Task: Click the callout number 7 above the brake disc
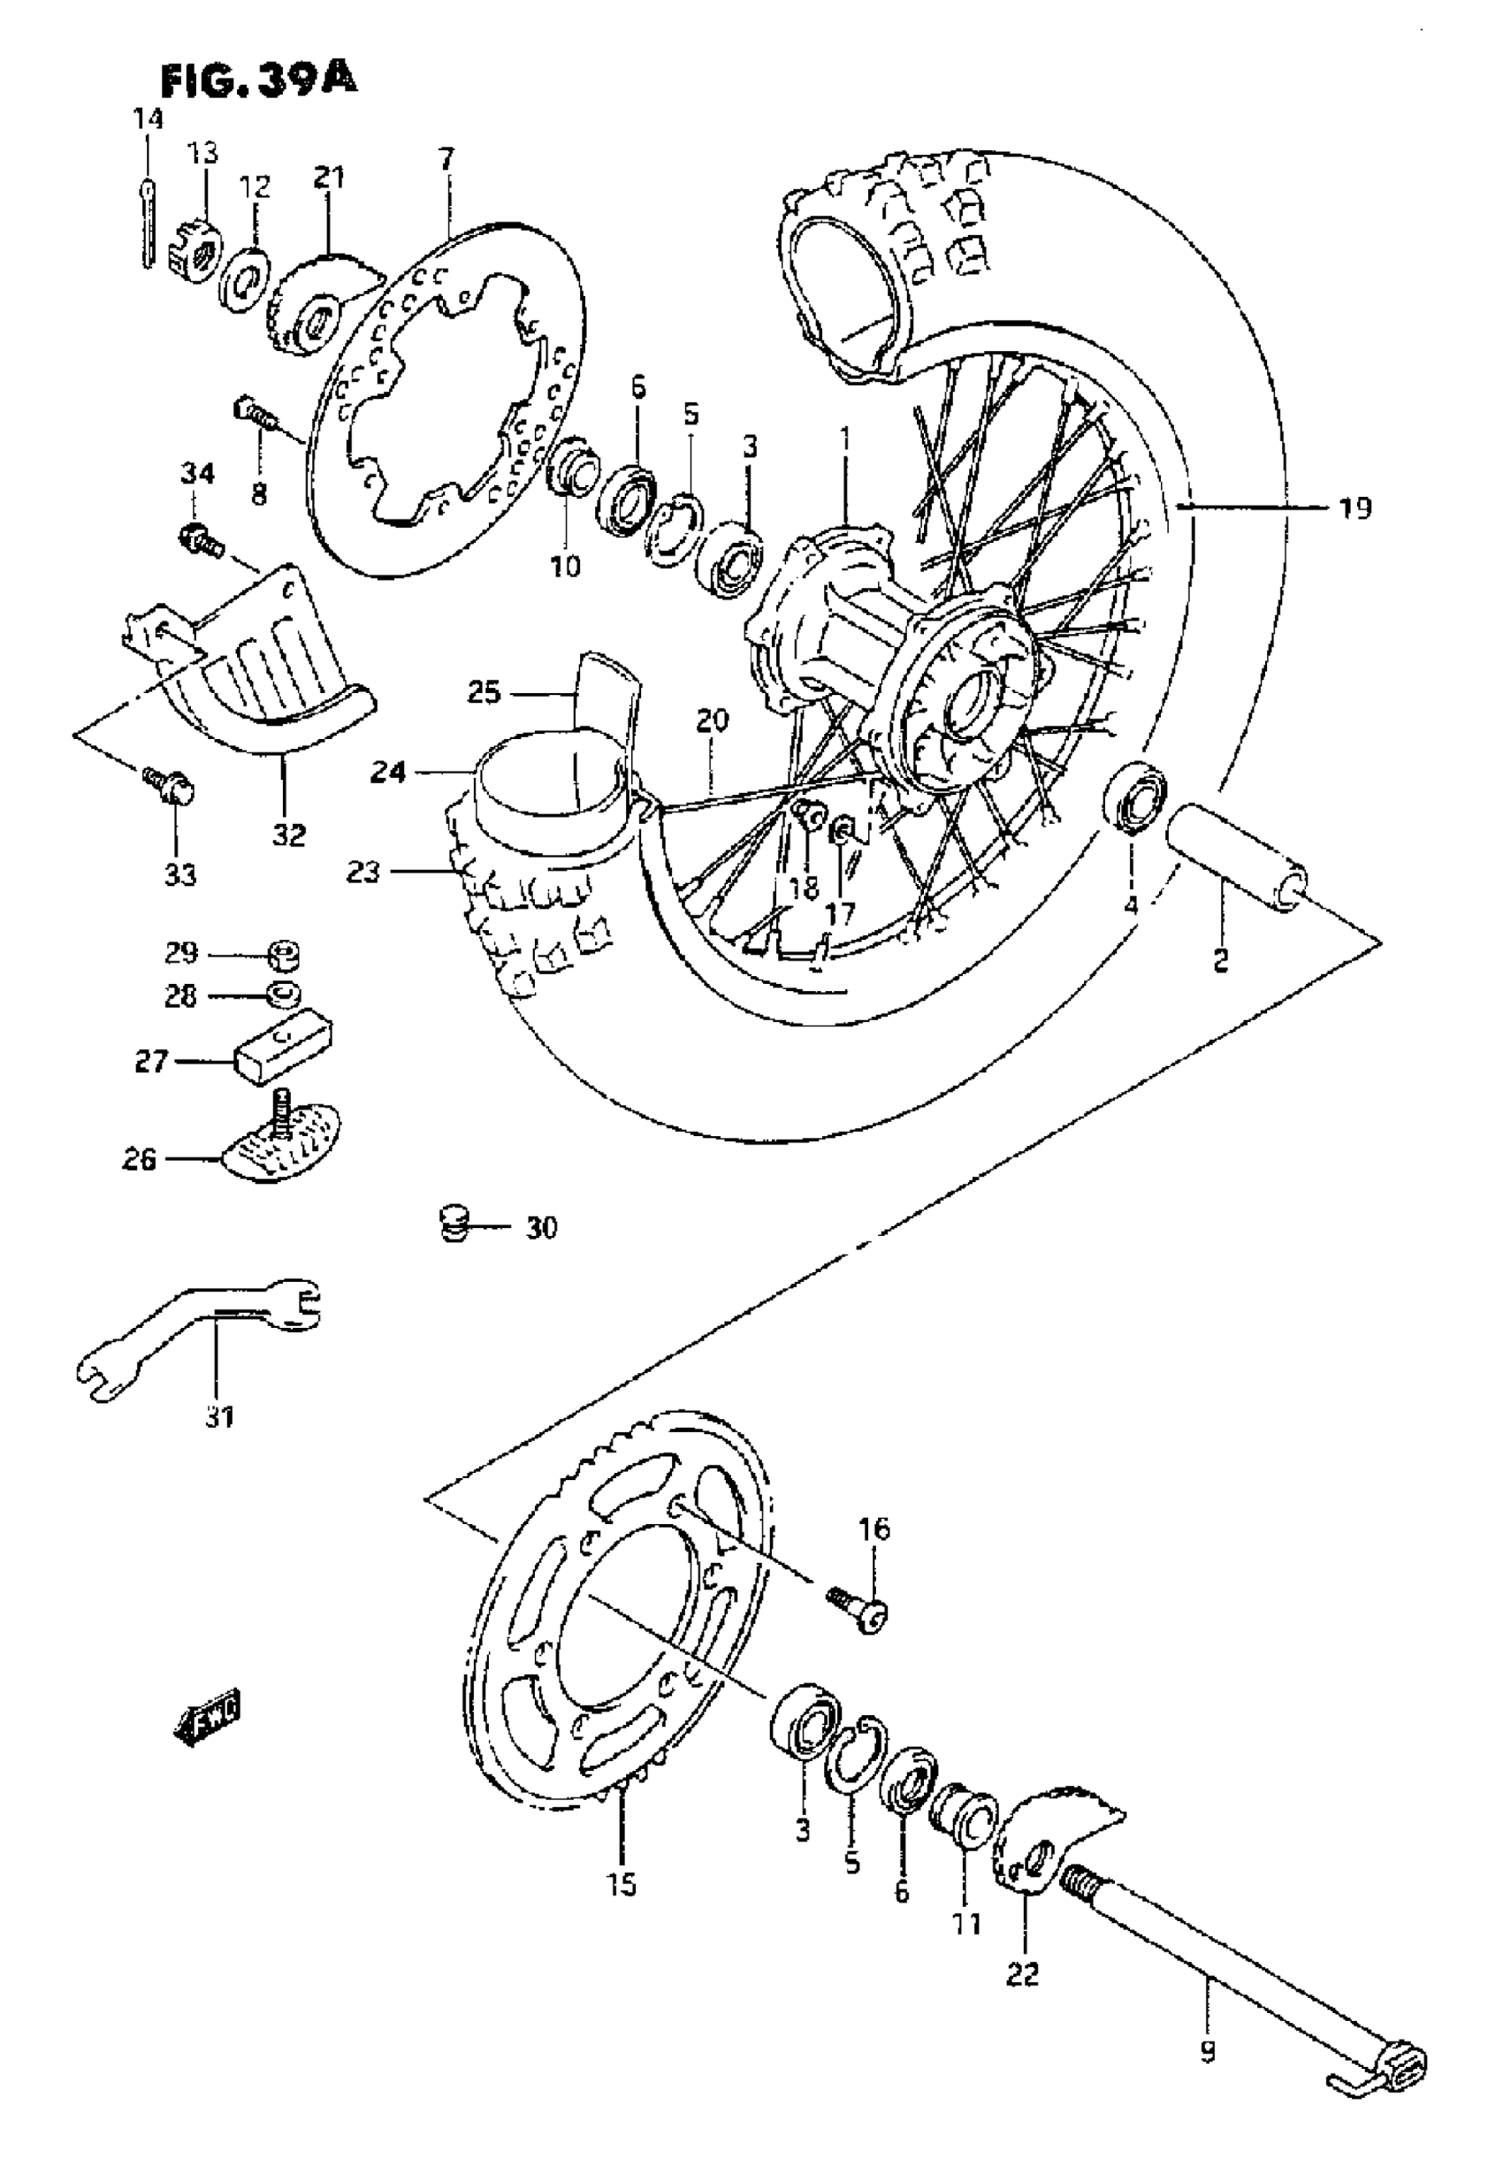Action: (x=446, y=158)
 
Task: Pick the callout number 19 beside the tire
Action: (x=1355, y=508)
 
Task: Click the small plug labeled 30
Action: (x=454, y=1225)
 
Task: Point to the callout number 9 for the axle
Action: (x=1209, y=2022)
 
